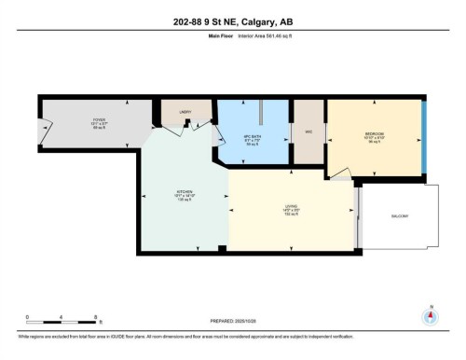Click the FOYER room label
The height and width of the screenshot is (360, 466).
[x=73, y=118]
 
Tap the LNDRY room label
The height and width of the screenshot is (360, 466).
[x=185, y=112]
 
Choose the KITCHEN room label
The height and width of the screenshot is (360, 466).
[x=185, y=194]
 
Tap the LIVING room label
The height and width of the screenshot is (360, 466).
[x=292, y=206]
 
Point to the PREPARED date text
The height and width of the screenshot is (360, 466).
[x=232, y=320]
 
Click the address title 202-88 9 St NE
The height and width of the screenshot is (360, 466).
[x=233, y=23]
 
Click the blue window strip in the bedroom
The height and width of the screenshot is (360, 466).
[x=424, y=135]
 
